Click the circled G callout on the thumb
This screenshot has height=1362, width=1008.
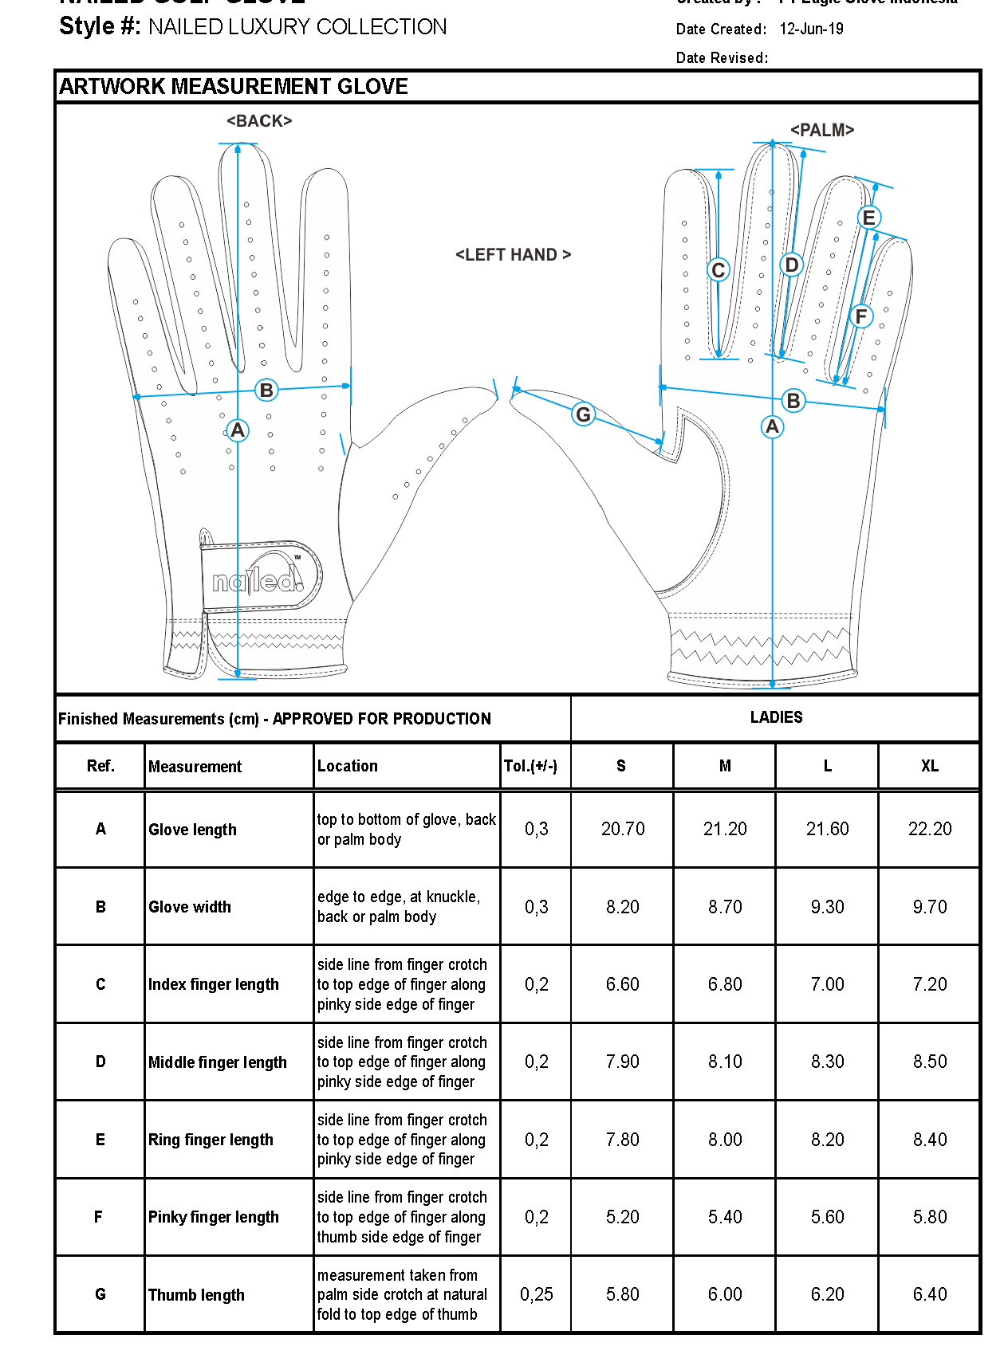584,414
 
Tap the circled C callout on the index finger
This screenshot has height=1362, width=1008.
718,270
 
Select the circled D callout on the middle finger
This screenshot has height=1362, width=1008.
791,265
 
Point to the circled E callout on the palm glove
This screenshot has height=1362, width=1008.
868,218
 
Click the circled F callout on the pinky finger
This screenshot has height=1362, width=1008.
860,316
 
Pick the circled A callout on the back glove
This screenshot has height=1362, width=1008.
238,430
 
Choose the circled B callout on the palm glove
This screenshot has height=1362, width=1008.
793,401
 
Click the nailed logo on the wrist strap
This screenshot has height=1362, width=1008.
258,579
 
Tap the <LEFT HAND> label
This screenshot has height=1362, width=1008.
513,255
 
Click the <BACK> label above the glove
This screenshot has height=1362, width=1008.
259,121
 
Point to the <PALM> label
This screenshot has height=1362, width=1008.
821,130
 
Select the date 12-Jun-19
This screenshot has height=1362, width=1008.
811,29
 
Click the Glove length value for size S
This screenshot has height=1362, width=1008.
623,829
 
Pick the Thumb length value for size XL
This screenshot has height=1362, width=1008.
930,1294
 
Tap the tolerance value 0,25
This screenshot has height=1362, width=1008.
536,1294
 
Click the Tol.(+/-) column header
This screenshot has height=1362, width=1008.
530,766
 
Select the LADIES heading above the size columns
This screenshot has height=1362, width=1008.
776,717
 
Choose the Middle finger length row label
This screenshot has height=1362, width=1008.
217,1062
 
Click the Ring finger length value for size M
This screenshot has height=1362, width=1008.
725,1140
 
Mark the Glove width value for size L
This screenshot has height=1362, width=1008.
827,907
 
